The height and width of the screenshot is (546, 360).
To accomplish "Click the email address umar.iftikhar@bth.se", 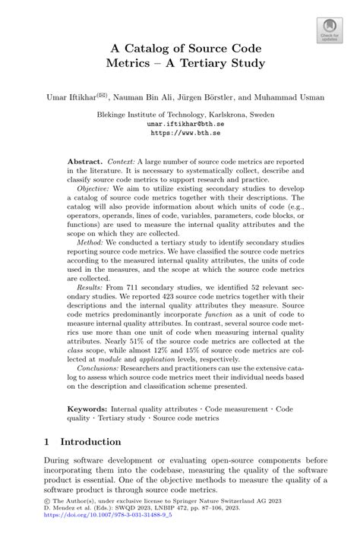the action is point(180,123).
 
